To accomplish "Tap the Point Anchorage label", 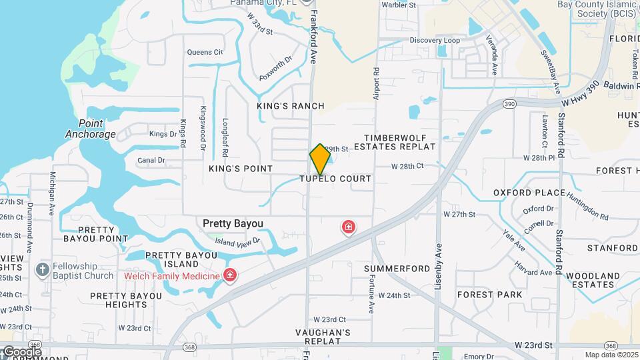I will coord(91,129).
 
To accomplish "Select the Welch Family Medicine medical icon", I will coord(230,275).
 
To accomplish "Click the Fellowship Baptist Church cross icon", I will coord(42,270).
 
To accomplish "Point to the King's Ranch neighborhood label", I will coord(291,106).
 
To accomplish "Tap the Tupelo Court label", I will coord(335,179).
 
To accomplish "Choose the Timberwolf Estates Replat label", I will coord(394,141).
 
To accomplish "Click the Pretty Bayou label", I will coord(233,223).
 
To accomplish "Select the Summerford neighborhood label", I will coord(397,268).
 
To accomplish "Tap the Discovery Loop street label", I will coord(435,41).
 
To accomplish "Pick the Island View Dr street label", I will coord(237,241).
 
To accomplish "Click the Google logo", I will coord(22,351).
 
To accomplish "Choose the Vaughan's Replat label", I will coord(323,337).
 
